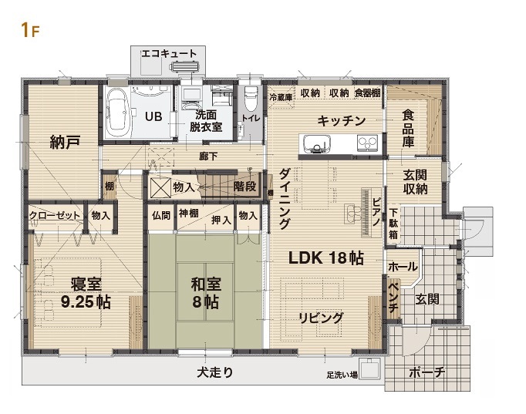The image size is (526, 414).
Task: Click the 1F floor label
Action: point(29,30)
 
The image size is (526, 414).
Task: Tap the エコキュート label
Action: point(169,53)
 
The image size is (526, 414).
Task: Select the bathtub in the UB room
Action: point(117,111)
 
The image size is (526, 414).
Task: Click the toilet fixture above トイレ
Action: point(251,99)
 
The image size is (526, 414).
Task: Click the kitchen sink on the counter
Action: point(316,143)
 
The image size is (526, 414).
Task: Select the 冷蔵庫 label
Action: point(280,97)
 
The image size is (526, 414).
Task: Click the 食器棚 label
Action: point(367,93)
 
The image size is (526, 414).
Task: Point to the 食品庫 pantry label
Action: point(408,130)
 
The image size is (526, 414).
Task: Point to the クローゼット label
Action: point(55,215)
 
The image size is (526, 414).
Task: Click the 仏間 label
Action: point(161,215)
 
